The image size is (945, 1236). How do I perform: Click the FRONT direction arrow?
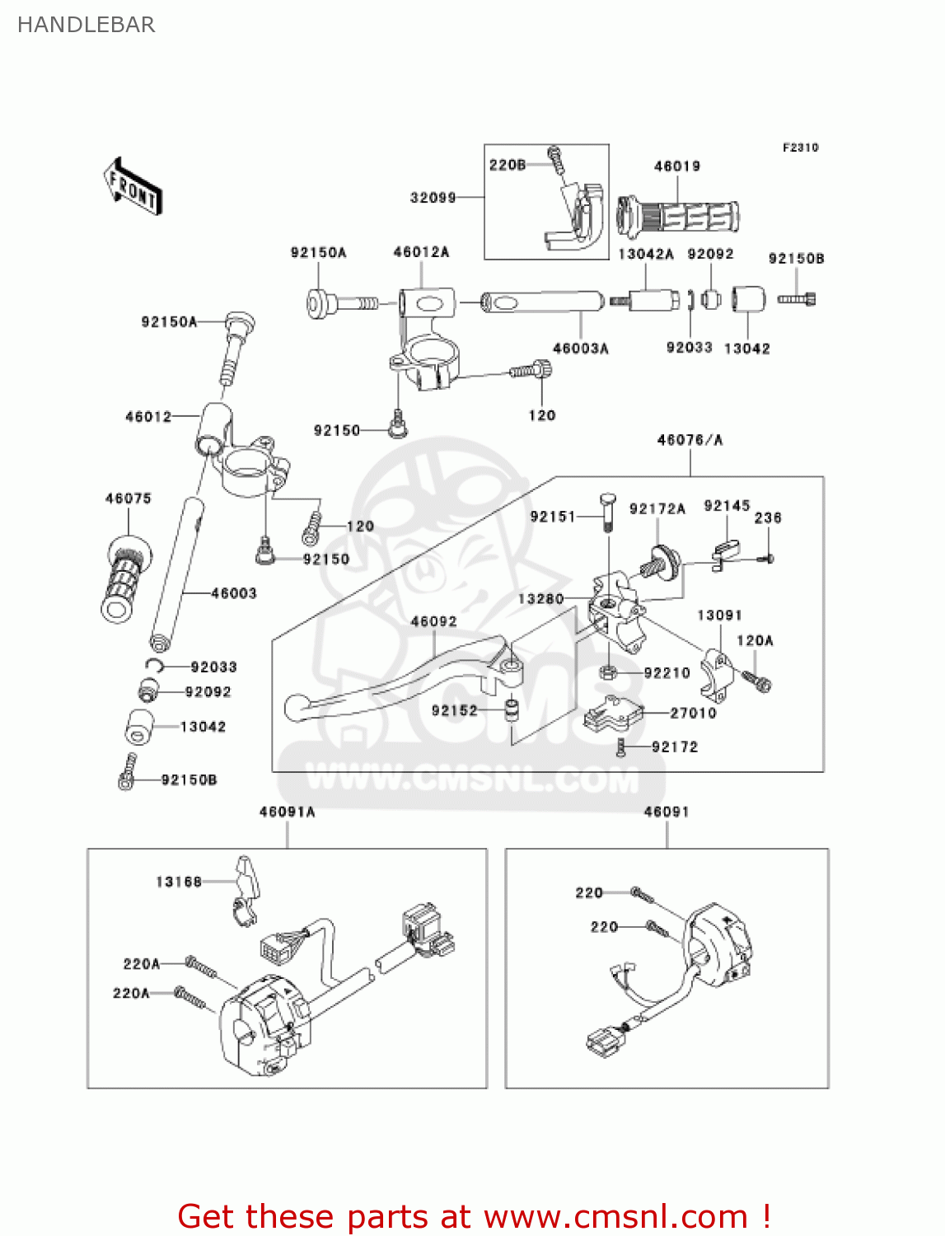tap(132, 186)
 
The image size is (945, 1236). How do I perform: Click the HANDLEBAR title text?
tap(86, 25)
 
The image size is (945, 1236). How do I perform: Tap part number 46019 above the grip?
tap(676, 166)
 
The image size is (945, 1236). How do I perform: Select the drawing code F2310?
tap(800, 147)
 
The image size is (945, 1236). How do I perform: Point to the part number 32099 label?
tap(433, 198)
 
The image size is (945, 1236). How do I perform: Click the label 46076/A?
tap(690, 440)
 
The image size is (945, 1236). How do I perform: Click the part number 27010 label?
tap(693, 713)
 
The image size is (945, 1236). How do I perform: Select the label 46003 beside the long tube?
tap(233, 593)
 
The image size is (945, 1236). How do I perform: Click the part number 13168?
tap(179, 882)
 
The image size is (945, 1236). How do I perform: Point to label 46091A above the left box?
tap(287, 812)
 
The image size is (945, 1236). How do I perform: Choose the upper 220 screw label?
tap(589, 892)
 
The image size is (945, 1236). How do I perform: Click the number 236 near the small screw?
tap(767, 517)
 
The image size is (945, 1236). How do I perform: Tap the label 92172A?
tap(657, 509)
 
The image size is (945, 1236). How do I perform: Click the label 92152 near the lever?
tap(454, 710)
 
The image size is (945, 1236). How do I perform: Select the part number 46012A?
tap(421, 252)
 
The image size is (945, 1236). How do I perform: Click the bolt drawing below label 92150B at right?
tap(797, 299)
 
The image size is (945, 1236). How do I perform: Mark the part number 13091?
tap(719, 616)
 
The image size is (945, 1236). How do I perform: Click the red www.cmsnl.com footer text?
tap(615, 1216)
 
